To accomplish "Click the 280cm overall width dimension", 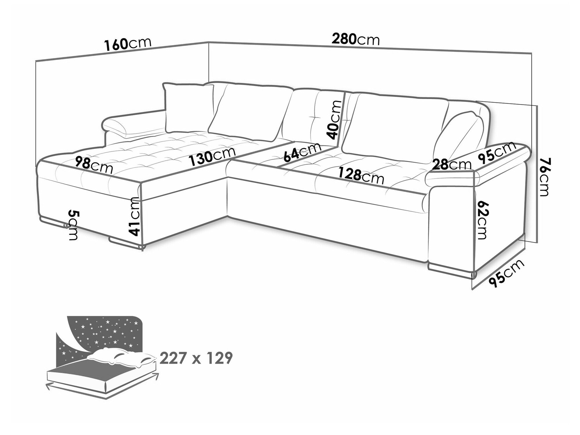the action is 356,39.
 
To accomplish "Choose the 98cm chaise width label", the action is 93,165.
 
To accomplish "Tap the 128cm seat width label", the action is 360,176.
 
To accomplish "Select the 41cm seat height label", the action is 134,216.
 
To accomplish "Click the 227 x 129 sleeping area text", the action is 196,358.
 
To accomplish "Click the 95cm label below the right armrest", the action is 507,273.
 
